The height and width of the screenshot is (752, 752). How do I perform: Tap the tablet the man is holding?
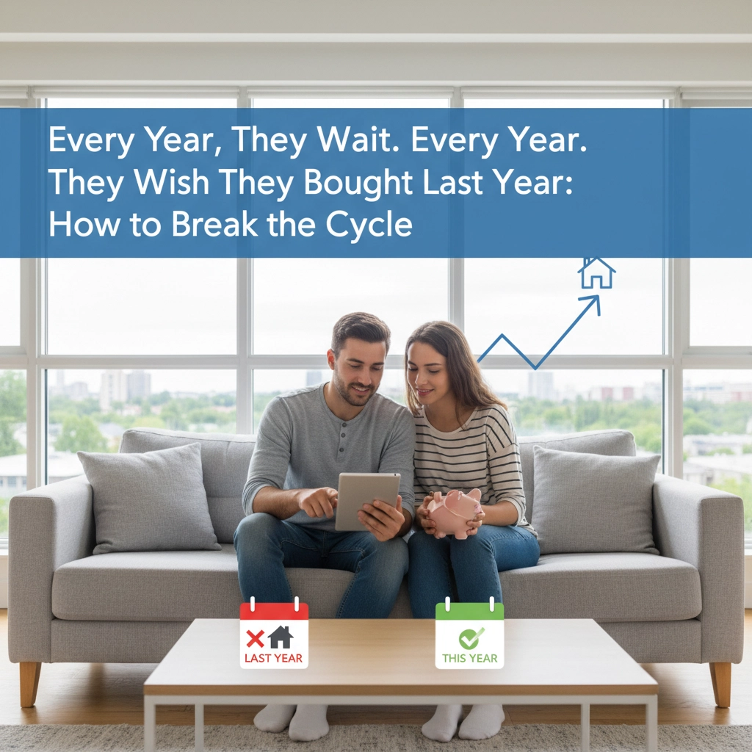367,501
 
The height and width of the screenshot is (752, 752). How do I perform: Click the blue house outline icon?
596,273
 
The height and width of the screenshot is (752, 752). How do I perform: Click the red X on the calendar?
255,638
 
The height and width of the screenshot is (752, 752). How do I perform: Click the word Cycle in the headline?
369,225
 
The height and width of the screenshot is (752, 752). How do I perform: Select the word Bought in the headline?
358,183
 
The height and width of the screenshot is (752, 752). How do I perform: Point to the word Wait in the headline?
358,140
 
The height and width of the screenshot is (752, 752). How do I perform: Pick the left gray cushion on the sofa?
148,498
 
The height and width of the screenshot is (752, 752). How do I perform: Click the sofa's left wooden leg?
29,684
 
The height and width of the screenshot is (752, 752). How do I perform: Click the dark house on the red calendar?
281,637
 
